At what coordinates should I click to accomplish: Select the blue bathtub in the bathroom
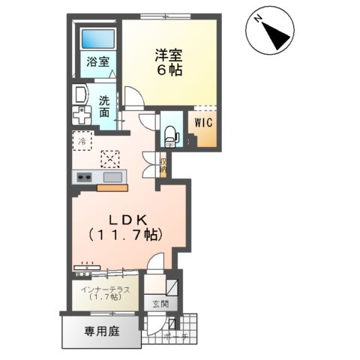click(x=98, y=39)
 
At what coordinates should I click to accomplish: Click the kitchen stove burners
click(x=82, y=177)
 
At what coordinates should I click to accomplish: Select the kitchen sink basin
click(x=112, y=177)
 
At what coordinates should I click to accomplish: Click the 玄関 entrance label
click(x=160, y=304)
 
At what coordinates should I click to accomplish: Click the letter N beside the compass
click(x=257, y=16)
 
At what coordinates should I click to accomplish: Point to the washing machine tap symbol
click(x=80, y=115)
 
